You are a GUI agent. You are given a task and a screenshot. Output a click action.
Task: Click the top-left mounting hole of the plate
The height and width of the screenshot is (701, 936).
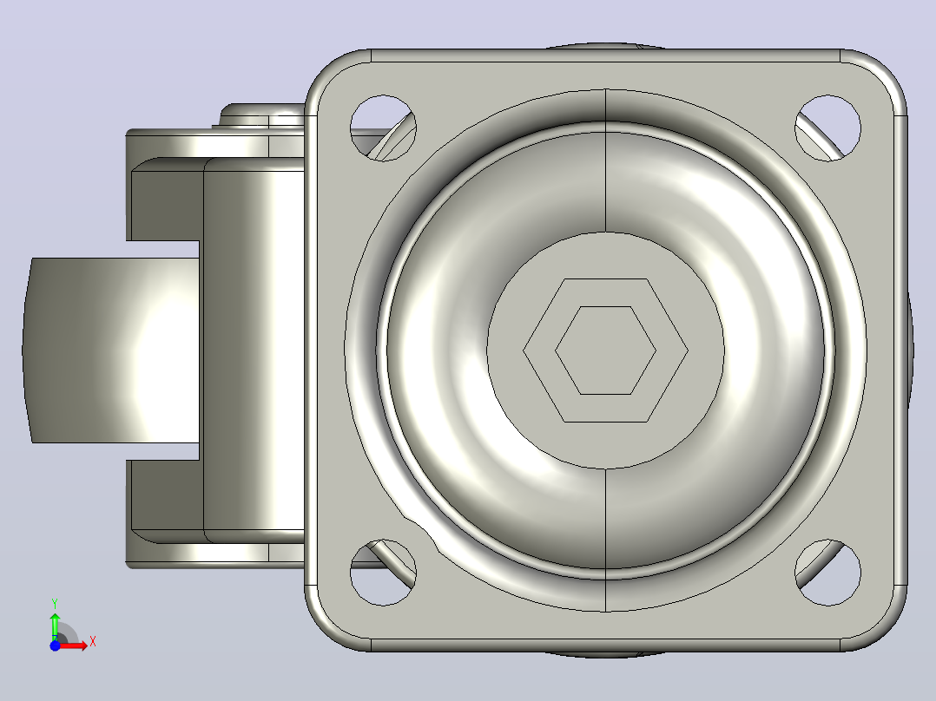(383, 128)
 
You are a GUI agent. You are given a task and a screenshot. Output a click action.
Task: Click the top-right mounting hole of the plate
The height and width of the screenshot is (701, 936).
(828, 128)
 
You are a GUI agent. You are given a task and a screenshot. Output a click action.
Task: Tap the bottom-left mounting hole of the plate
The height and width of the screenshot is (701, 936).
(383, 573)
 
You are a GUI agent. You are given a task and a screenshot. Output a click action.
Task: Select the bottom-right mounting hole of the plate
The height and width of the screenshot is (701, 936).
(828, 573)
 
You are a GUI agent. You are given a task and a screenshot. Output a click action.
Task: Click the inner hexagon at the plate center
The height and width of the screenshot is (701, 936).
(606, 350)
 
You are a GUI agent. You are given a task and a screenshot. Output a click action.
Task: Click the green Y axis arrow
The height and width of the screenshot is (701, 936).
(55, 626)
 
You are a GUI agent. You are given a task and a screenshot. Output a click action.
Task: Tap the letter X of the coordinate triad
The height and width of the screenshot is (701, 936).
(93, 642)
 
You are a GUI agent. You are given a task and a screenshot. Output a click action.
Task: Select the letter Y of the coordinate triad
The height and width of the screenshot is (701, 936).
(55, 603)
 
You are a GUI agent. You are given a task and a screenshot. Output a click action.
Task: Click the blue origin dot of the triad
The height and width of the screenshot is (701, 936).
(55, 645)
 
